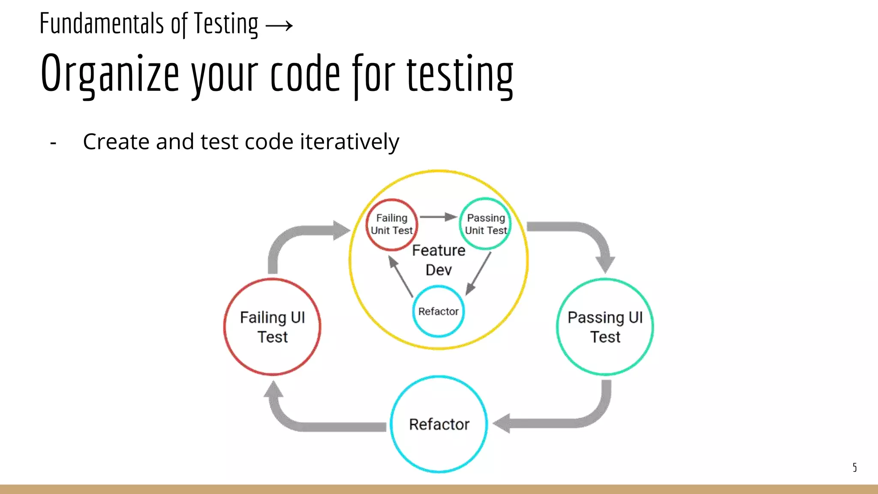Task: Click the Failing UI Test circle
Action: click(x=272, y=327)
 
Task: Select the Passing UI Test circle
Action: click(x=605, y=327)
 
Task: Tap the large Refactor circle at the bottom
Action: click(x=439, y=424)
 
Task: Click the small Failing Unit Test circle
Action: click(x=392, y=224)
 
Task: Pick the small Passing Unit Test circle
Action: click(x=486, y=223)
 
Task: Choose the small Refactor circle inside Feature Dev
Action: click(x=439, y=311)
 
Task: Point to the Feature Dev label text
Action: click(x=439, y=260)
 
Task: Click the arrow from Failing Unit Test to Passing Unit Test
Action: click(x=438, y=217)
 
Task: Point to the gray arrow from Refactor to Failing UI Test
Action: click(x=300, y=422)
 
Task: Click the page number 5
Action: click(x=854, y=467)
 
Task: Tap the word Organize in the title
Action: click(x=109, y=74)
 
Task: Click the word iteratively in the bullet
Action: click(x=349, y=142)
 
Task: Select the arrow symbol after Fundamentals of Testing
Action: click(x=279, y=25)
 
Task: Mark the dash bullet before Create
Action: click(x=53, y=142)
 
